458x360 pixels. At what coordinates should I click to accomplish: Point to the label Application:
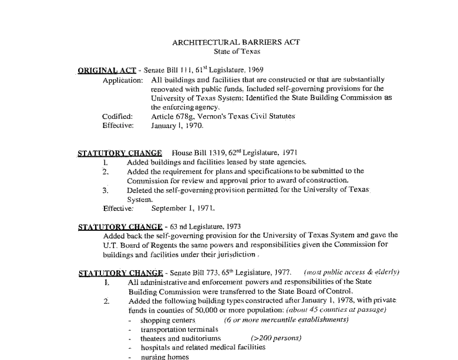[x=122, y=80]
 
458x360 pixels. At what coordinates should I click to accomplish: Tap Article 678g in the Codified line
[x=173, y=116]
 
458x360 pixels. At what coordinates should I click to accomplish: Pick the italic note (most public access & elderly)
[x=351, y=272]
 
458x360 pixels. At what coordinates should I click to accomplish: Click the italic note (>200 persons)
[x=275, y=338]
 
